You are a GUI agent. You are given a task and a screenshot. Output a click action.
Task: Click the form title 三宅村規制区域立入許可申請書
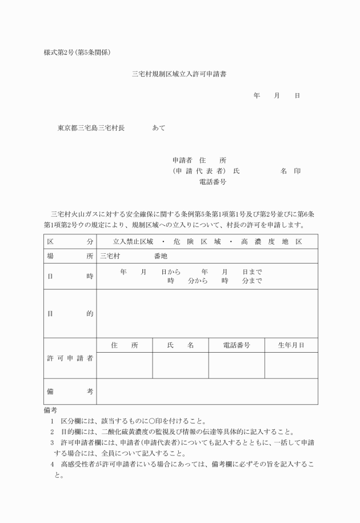click(x=180, y=74)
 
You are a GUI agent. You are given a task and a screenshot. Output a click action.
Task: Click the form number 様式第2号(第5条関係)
click(x=77, y=53)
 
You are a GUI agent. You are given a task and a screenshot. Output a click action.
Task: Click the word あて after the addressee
click(x=159, y=128)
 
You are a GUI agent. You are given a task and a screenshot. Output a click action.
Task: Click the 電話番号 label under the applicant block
click(x=213, y=182)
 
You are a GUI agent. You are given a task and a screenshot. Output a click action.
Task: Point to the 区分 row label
click(x=70, y=242)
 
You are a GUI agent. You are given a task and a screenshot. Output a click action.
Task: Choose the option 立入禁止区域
click(x=133, y=242)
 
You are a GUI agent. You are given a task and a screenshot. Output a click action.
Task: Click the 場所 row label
click(x=70, y=257)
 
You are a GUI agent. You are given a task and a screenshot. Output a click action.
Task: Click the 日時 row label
click(x=70, y=276)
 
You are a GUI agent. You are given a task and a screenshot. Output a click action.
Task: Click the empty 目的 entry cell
click(x=207, y=313)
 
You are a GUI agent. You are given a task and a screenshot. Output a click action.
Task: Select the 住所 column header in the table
click(x=125, y=345)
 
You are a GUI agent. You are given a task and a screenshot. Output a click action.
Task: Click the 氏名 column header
click(x=180, y=345)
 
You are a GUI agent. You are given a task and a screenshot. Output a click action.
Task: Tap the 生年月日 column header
click(x=291, y=345)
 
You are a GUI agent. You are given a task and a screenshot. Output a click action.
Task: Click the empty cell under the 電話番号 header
click(x=236, y=365)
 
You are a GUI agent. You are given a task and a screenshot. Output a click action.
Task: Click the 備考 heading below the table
click(x=50, y=410)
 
